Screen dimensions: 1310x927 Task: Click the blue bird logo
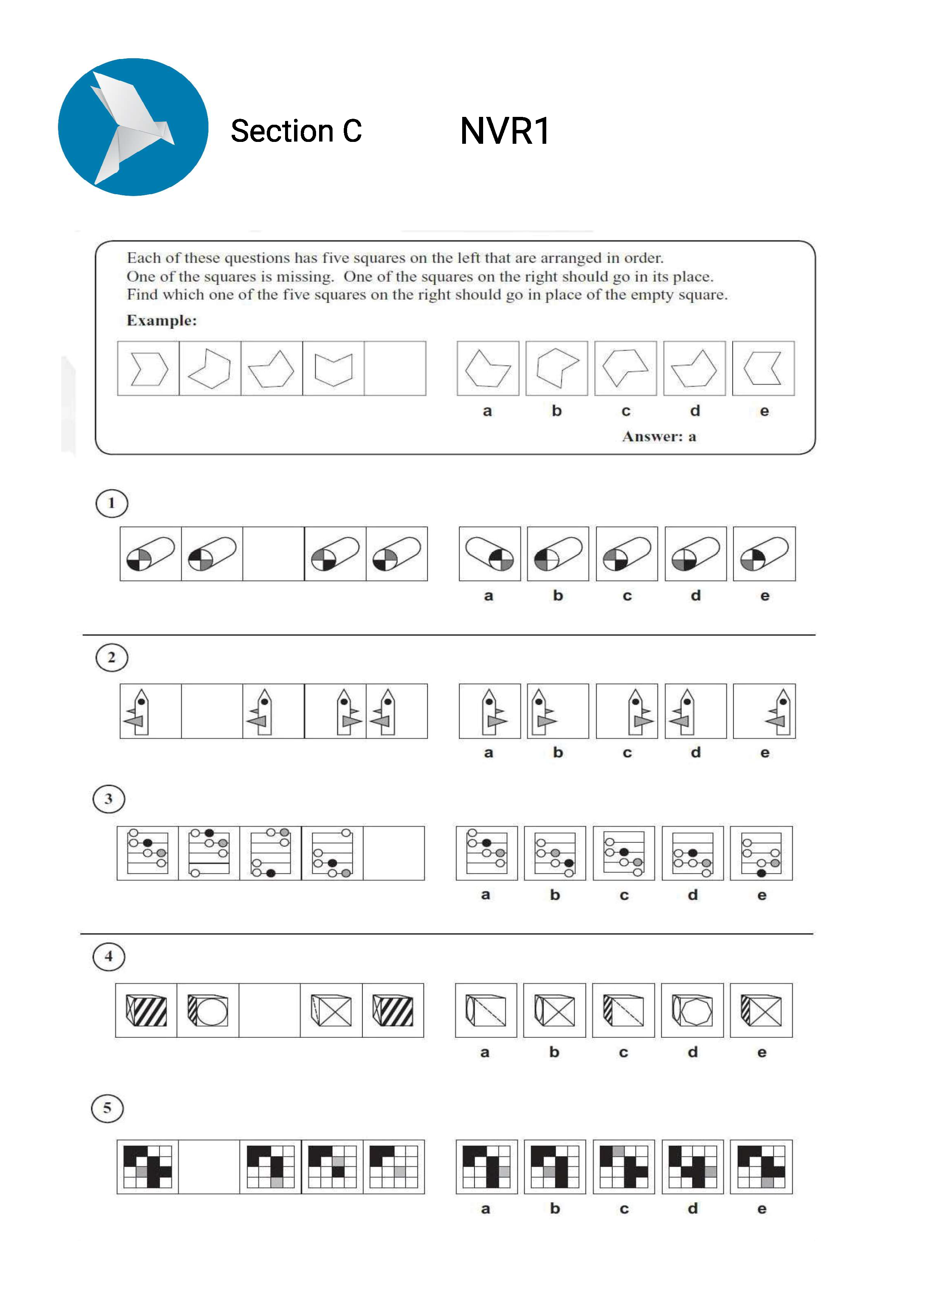tap(133, 127)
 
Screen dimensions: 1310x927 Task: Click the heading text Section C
tap(296, 131)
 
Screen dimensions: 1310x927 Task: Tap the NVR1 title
tap(504, 131)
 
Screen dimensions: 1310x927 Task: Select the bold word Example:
tap(161, 321)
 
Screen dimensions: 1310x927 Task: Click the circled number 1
tap(111, 503)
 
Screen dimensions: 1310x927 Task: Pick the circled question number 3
tap(108, 799)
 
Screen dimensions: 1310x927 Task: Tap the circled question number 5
tap(107, 1108)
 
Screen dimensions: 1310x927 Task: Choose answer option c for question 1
tap(627, 554)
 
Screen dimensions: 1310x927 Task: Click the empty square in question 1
tap(274, 554)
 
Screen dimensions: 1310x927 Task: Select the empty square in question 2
tap(212, 711)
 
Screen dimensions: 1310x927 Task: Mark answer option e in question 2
tap(764, 711)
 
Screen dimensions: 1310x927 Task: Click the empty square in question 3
tap(394, 853)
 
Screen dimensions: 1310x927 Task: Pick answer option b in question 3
tap(555, 853)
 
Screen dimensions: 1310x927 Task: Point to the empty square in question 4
tap(269, 1011)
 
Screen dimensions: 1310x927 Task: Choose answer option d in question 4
tap(692, 1011)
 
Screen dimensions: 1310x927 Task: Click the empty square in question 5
tap(209, 1167)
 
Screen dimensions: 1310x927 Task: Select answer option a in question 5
tap(486, 1167)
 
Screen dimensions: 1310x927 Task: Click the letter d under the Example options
tap(695, 411)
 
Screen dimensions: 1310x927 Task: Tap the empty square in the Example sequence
tap(395, 369)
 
